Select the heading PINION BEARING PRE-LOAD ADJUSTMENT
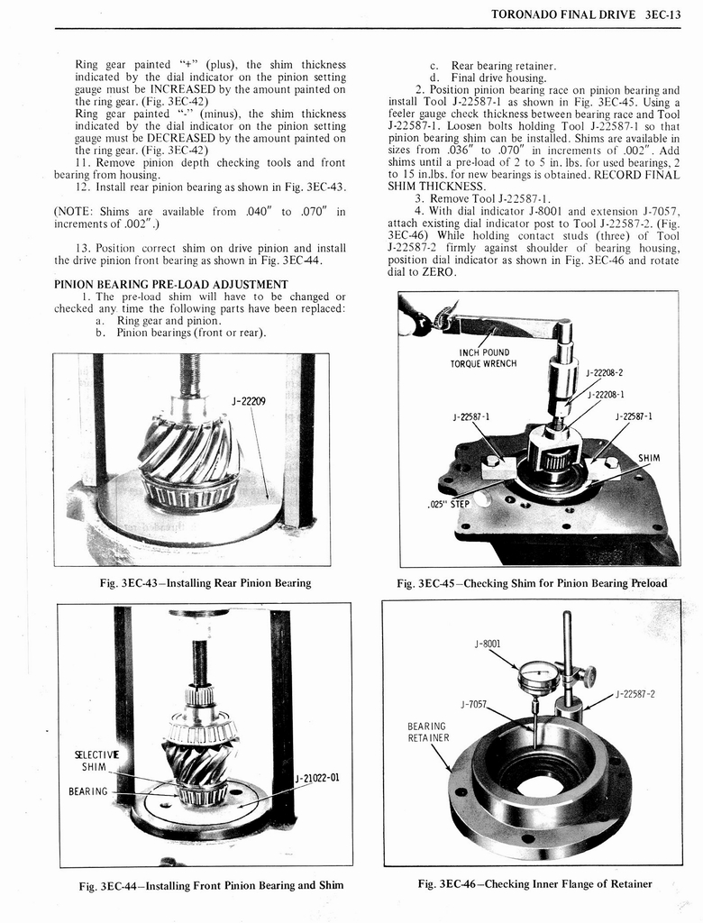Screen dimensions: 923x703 (x=171, y=284)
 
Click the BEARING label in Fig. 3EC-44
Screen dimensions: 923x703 (x=88, y=791)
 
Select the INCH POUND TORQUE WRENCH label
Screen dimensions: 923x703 (x=484, y=358)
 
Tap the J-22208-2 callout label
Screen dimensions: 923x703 (x=605, y=372)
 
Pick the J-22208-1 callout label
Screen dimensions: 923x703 (x=607, y=394)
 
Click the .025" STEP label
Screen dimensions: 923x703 (x=449, y=503)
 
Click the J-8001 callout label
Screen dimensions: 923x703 (x=487, y=644)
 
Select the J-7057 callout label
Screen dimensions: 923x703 (x=474, y=704)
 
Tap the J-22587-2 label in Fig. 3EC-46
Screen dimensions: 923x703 (x=635, y=693)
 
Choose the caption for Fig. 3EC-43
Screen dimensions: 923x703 (x=205, y=583)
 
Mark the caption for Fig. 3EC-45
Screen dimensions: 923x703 (x=532, y=583)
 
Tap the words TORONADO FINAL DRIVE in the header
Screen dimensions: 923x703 (x=559, y=14)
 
